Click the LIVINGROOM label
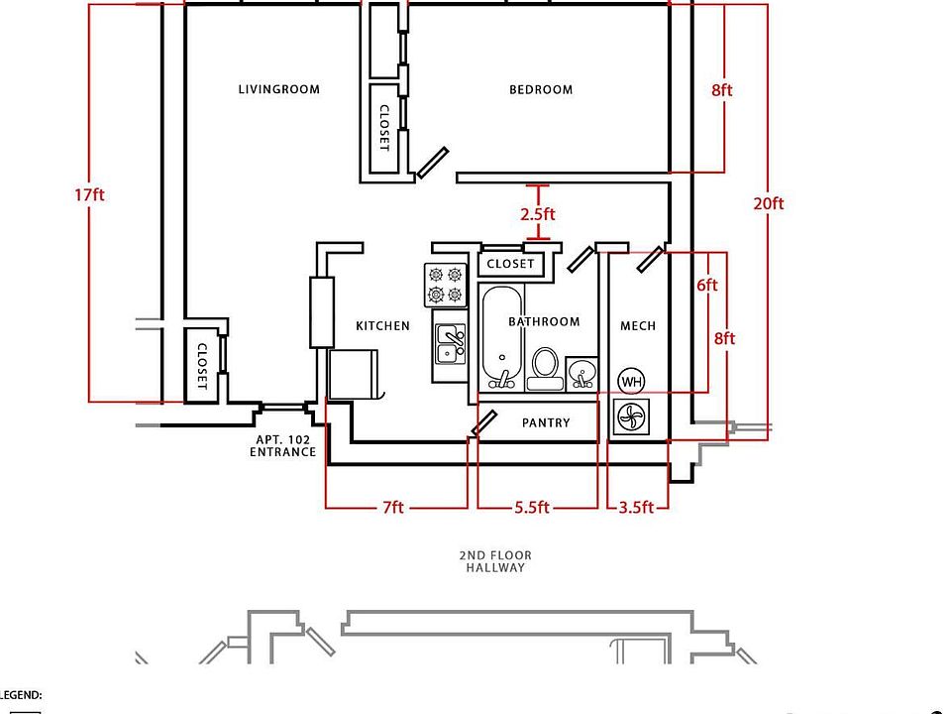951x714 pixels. pyautogui.click(x=279, y=89)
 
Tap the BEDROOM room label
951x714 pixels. pyautogui.click(x=541, y=90)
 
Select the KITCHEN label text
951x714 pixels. pyautogui.click(x=382, y=326)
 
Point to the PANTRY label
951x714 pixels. pyautogui.click(x=546, y=422)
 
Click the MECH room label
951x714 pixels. pyautogui.click(x=638, y=326)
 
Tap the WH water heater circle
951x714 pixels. pyautogui.click(x=631, y=382)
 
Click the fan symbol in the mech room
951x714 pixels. pyautogui.click(x=631, y=417)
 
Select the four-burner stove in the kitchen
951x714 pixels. pyautogui.click(x=445, y=285)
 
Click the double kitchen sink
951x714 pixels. pyautogui.click(x=450, y=344)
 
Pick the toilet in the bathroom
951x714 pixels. pyautogui.click(x=545, y=368)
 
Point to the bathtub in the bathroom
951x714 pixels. pyautogui.click(x=501, y=337)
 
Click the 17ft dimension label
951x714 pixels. pyautogui.click(x=90, y=195)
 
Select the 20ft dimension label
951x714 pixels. pyautogui.click(x=769, y=203)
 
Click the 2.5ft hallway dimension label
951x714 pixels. pyautogui.click(x=537, y=214)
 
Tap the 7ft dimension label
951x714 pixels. pyautogui.click(x=393, y=507)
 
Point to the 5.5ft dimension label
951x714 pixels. pyautogui.click(x=532, y=507)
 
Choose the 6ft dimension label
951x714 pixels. pyautogui.click(x=707, y=285)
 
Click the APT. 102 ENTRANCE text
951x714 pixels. pyautogui.click(x=282, y=445)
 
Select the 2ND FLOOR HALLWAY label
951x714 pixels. pyautogui.click(x=495, y=561)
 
